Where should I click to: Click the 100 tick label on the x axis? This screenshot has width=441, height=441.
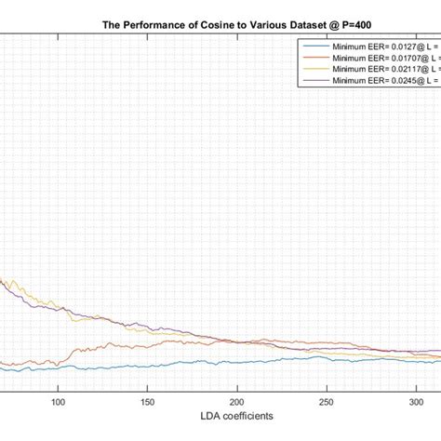58,403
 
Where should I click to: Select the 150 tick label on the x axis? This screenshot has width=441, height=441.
148,403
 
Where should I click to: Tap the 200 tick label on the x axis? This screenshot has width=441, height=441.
237,403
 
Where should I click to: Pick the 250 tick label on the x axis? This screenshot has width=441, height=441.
327,403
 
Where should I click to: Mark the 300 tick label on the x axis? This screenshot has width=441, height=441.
416,403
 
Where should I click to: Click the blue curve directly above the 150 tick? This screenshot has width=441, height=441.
148,365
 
